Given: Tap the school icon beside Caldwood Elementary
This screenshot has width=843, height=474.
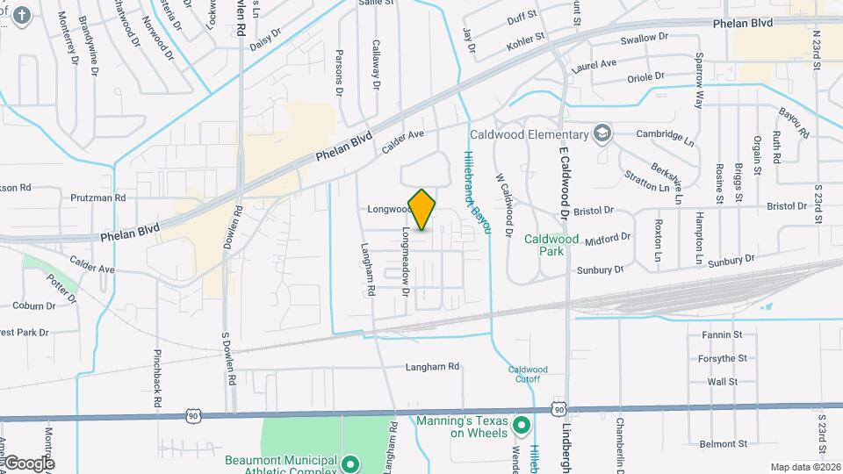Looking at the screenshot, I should pyautogui.click(x=602, y=134).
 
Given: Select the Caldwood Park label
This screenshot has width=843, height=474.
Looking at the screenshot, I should pyautogui.click(x=551, y=244).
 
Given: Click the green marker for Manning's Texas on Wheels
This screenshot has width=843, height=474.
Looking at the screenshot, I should pyautogui.click(x=521, y=426).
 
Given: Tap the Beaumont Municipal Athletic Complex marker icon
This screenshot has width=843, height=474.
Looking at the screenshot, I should pyautogui.click(x=350, y=463).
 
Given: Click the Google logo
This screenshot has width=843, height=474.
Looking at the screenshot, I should pyautogui.click(x=28, y=463).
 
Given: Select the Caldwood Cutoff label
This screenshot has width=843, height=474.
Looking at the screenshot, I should pyautogui.click(x=528, y=375).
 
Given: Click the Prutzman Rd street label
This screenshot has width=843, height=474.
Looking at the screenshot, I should pyautogui.click(x=97, y=198).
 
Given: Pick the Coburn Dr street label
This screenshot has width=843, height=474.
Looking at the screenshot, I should pyautogui.click(x=33, y=305).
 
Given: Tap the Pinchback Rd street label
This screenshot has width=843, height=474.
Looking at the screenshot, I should pyautogui.click(x=158, y=378).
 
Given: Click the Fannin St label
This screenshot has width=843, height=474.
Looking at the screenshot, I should pyautogui.click(x=722, y=334).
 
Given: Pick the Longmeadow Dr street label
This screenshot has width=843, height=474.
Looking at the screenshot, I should pyautogui.click(x=406, y=261).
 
